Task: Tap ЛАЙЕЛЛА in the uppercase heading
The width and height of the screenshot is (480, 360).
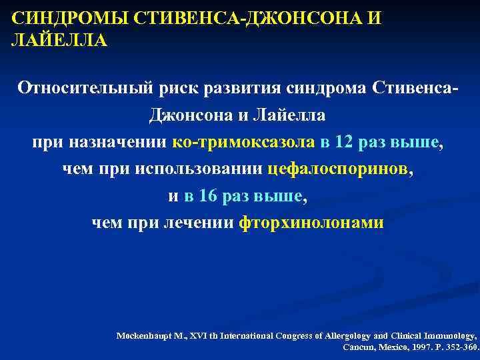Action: tap(59, 41)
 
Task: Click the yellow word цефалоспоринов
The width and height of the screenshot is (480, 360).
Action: tap(339, 169)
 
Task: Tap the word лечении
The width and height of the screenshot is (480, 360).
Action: tap(201, 223)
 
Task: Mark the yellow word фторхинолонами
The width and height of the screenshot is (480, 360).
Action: tap(311, 223)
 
